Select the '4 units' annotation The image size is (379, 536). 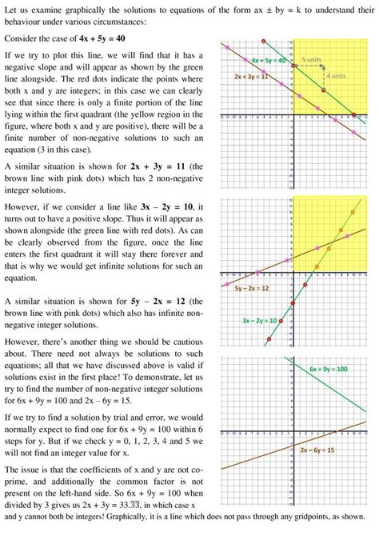coord(336,76)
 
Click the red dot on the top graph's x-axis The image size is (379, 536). coord(355,114)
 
